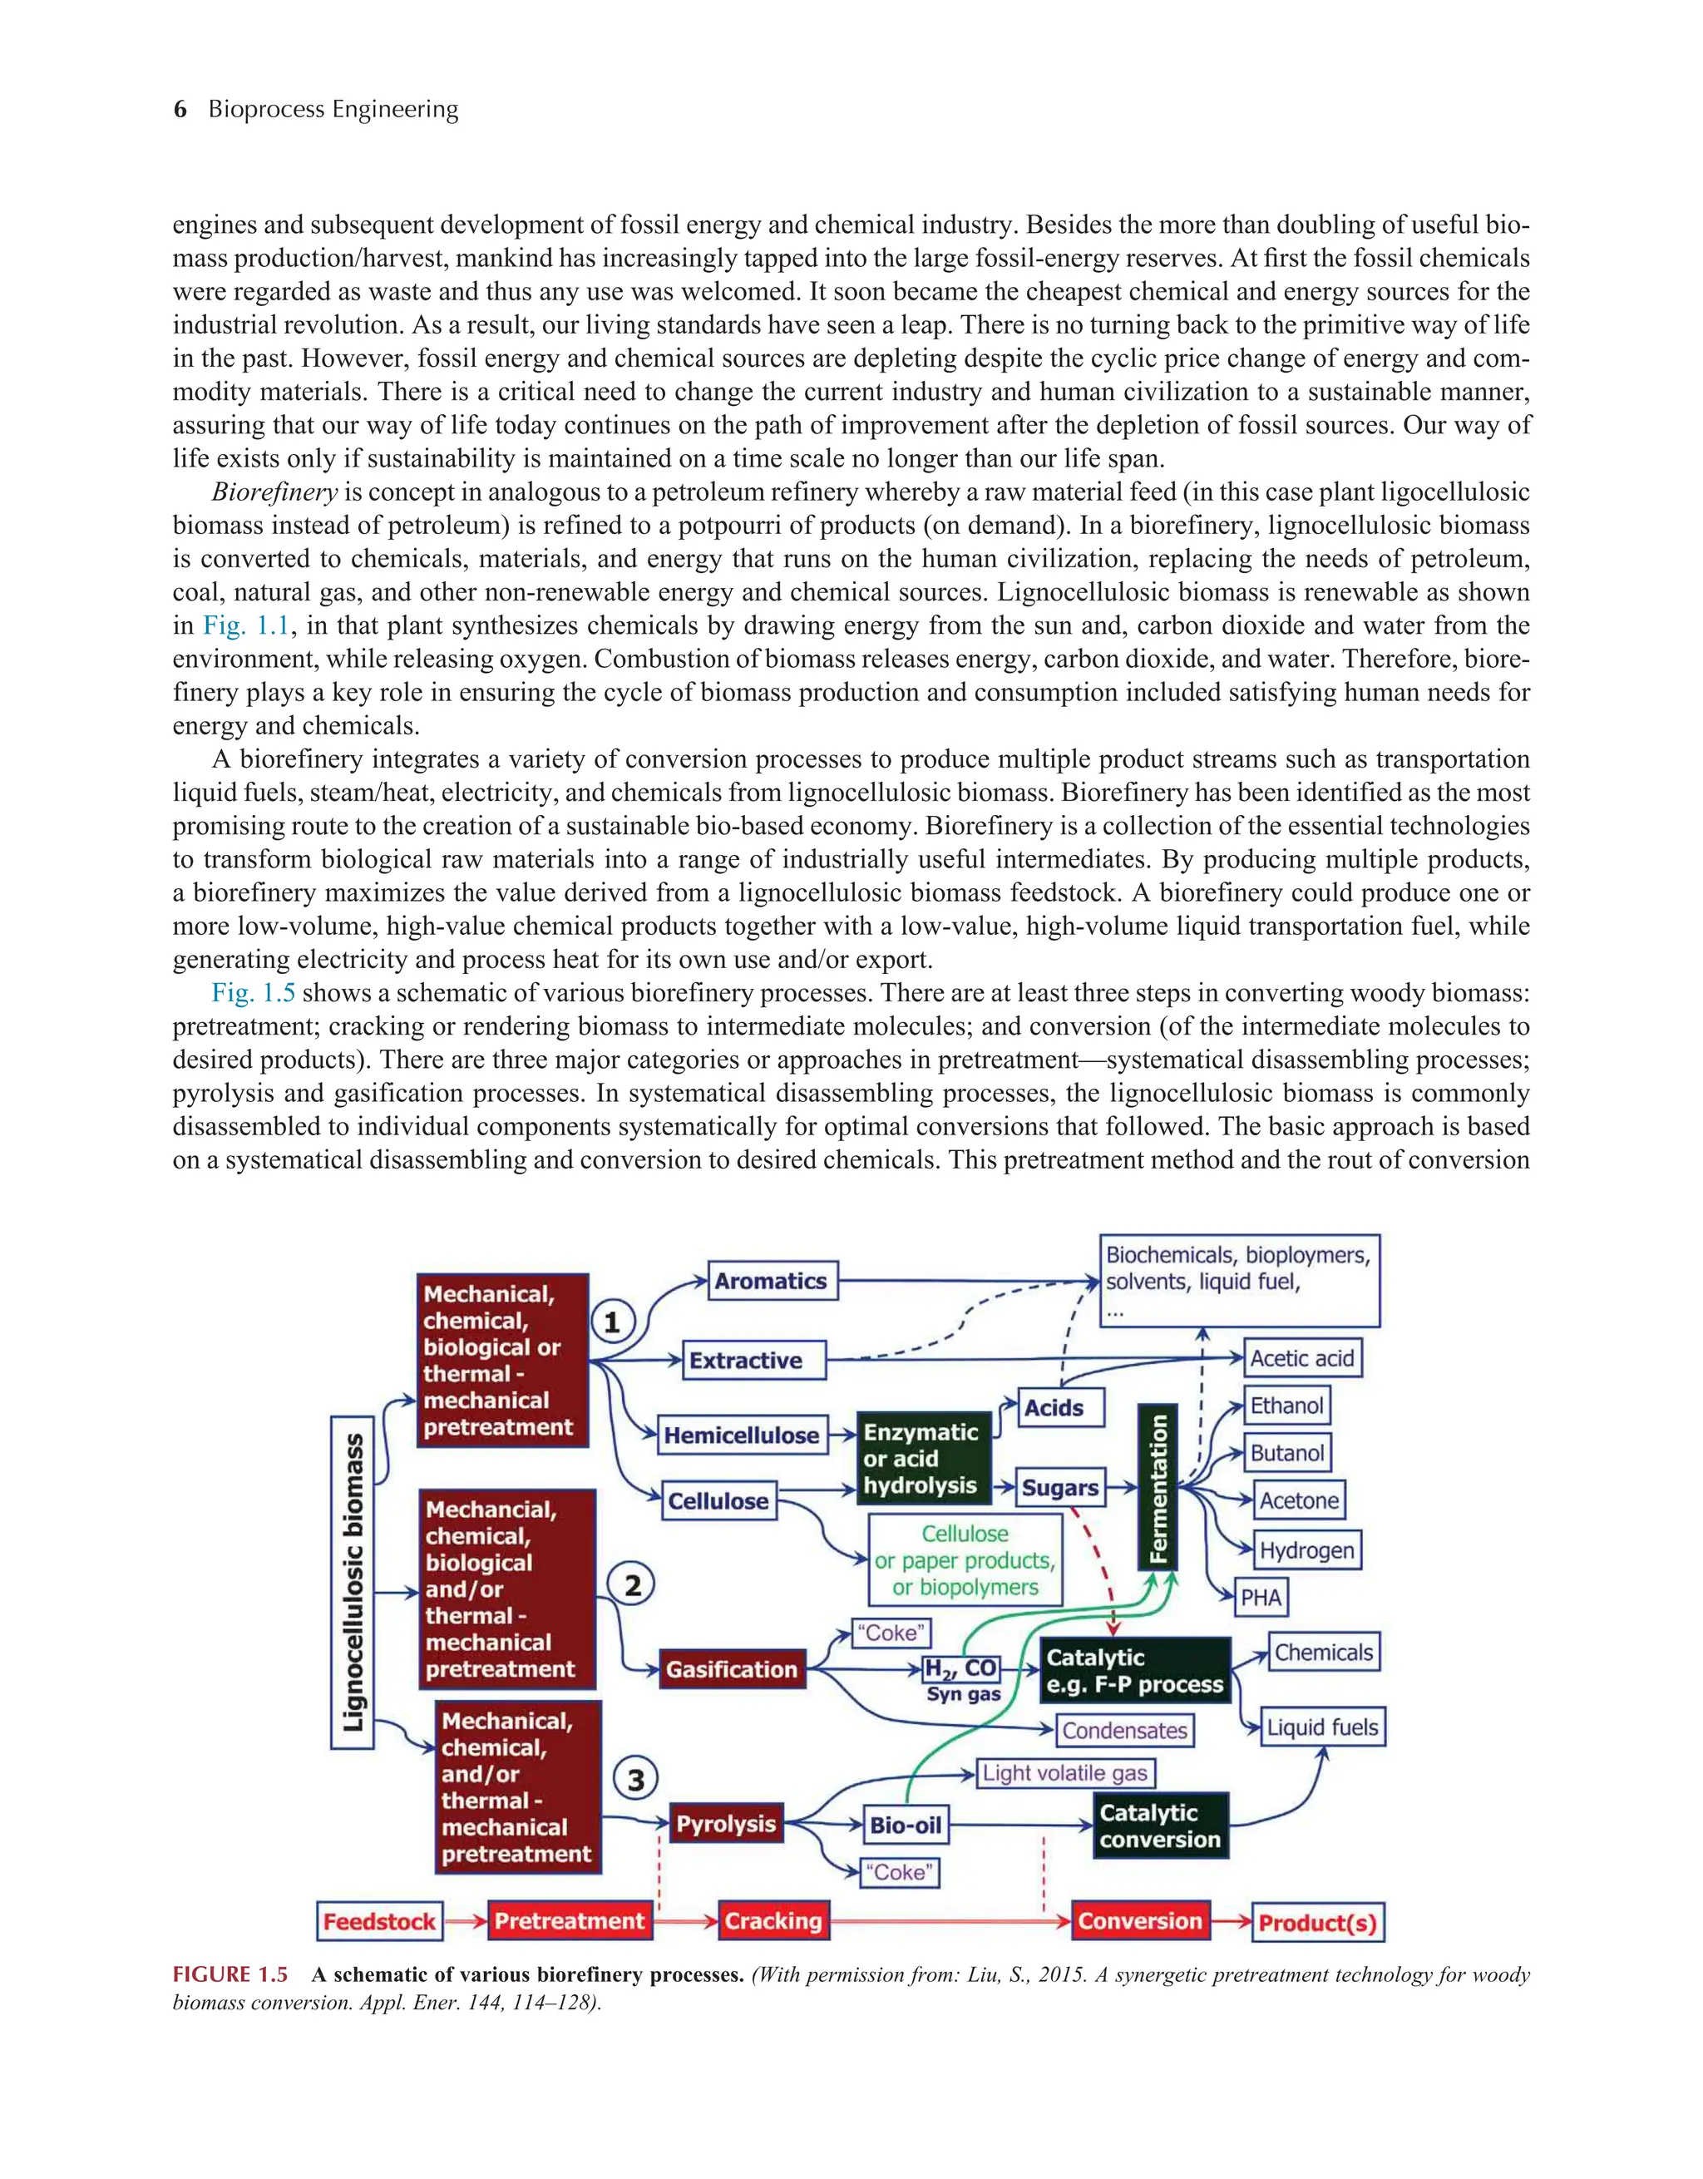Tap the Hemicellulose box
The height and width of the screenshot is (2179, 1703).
click(x=740, y=1435)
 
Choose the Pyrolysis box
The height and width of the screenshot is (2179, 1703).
click(x=725, y=1823)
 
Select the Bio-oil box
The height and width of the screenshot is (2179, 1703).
click(x=905, y=1825)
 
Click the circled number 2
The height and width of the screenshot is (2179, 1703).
click(x=633, y=1585)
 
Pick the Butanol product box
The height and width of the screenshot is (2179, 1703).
click(x=1287, y=1453)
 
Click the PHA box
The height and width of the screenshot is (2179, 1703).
click(x=1261, y=1598)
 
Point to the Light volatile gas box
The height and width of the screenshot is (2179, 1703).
click(x=1064, y=1773)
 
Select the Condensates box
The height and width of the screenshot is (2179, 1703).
click(x=1124, y=1730)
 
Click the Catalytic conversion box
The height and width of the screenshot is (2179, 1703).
click(x=1160, y=1826)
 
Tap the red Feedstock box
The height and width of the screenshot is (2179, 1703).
click(x=379, y=1921)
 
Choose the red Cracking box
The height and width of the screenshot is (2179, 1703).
click(x=773, y=1920)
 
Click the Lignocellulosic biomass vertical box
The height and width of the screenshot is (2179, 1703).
click(x=353, y=1583)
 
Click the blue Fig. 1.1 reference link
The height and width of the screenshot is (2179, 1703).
click(x=246, y=625)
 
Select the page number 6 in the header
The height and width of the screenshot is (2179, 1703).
click(x=180, y=109)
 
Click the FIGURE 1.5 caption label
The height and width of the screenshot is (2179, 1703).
click(x=230, y=1974)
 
